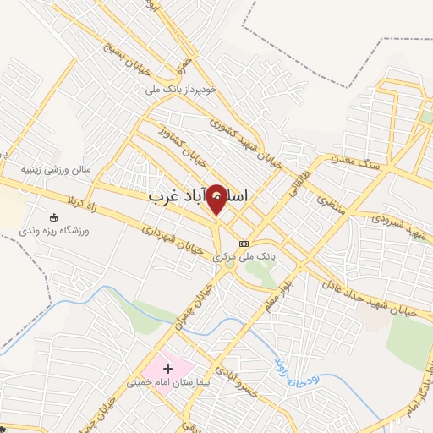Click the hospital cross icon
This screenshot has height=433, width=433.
[167, 369]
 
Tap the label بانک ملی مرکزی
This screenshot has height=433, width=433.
[246, 256]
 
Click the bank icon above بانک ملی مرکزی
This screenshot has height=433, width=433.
[244, 243]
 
